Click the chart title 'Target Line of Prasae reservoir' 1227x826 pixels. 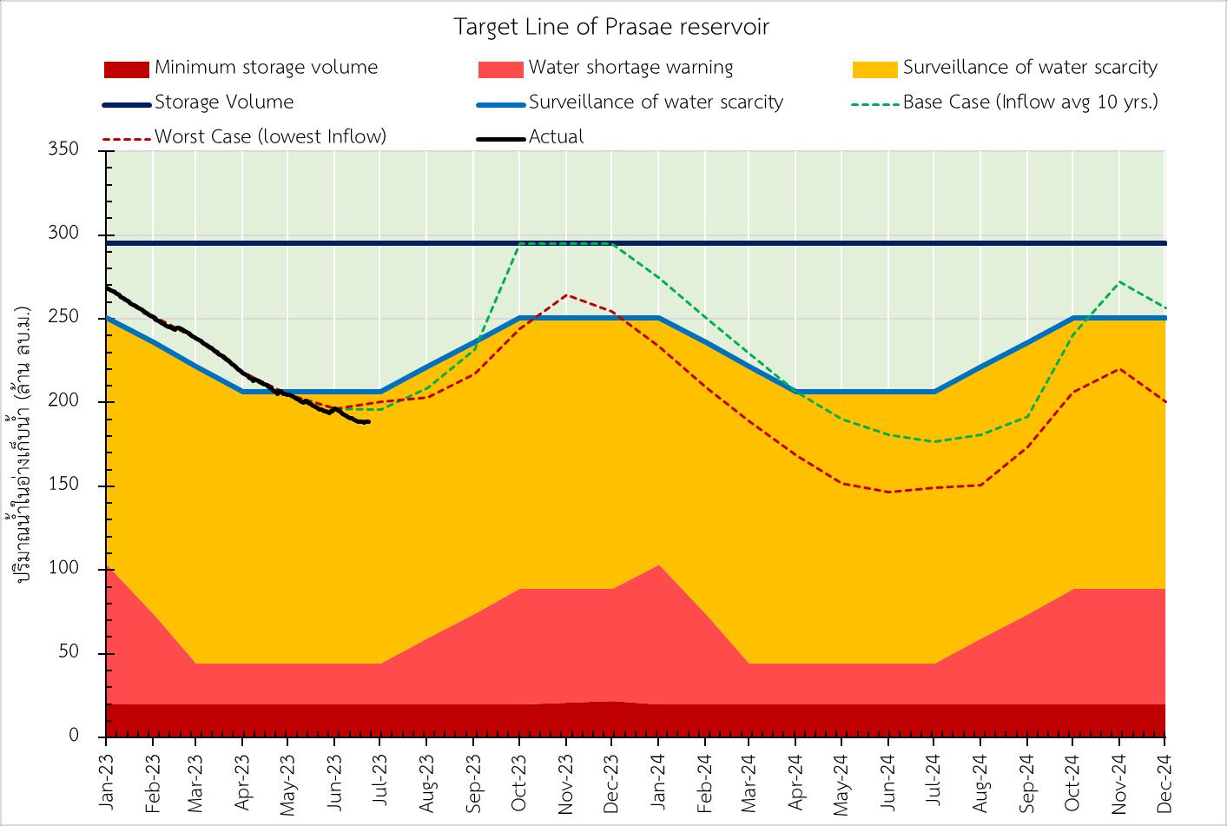click(611, 27)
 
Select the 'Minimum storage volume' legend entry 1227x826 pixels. click(266, 68)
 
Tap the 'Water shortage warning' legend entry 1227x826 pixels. click(630, 68)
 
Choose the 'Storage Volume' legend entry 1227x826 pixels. click(224, 102)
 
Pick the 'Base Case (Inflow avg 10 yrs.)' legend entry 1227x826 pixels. click(1030, 102)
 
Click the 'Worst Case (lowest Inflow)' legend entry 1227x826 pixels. click(270, 136)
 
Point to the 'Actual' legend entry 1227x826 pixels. click(556, 136)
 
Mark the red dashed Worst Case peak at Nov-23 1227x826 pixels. click(566, 295)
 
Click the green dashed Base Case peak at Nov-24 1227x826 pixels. click(1119, 281)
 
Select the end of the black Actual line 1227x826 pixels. click(369, 422)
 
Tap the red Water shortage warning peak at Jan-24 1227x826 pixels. click(658, 565)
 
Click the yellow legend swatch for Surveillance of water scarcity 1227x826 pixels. click(875, 69)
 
